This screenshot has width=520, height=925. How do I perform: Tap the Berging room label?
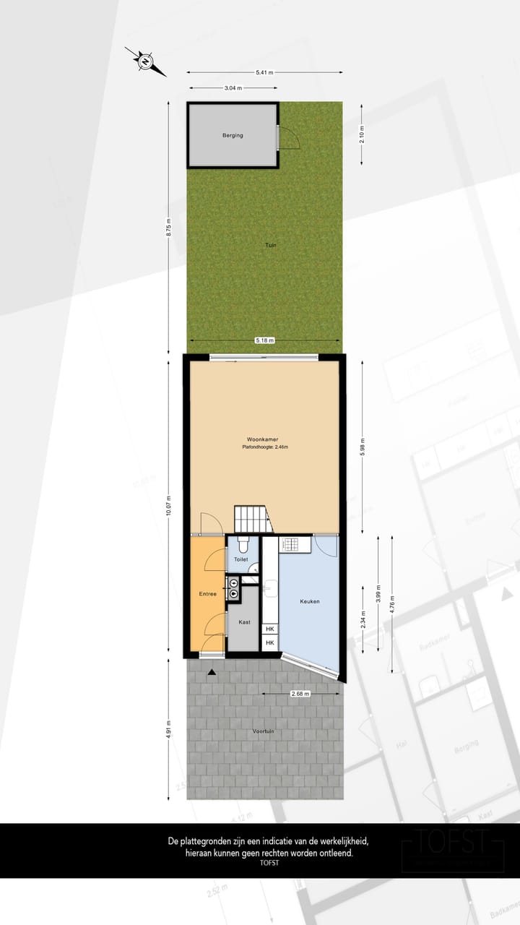point(233,135)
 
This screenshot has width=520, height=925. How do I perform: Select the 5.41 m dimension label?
point(264,72)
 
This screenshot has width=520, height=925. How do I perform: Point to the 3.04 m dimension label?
point(233,88)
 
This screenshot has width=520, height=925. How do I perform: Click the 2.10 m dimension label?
point(363,134)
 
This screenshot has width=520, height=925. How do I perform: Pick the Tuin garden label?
point(271,245)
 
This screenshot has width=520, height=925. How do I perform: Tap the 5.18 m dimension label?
point(264,340)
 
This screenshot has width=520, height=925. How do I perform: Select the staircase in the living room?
point(251,519)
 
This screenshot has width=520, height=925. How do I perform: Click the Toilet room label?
point(241,559)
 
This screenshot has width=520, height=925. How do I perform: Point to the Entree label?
point(208,594)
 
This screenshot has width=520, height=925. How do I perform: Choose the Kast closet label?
point(244,621)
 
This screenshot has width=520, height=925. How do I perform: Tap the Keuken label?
point(310,601)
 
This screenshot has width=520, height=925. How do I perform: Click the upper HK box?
point(270,629)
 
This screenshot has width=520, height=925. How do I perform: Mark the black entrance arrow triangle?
point(212,673)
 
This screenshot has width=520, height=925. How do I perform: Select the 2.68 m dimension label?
point(300,694)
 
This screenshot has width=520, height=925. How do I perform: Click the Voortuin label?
point(264,731)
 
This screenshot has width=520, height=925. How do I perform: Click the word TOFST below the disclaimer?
point(269,863)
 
